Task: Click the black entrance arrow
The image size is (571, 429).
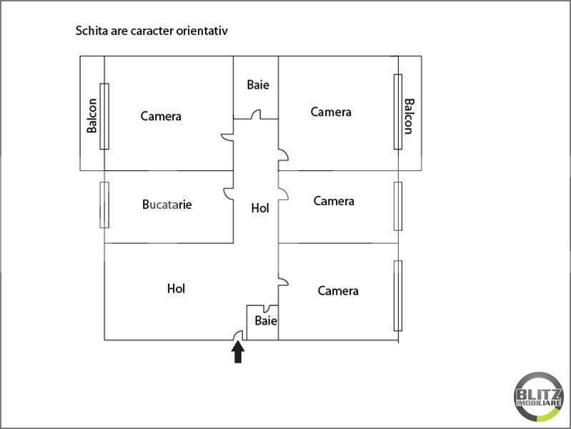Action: coord(238,352)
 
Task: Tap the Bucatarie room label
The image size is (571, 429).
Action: coord(167,204)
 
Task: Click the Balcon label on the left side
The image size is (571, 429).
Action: coord(91,116)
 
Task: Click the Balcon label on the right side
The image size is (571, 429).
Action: coord(409,117)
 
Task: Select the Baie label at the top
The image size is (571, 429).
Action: coord(258,84)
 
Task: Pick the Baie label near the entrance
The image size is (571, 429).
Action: coord(266,321)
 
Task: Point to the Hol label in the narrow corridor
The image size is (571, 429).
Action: coord(260,208)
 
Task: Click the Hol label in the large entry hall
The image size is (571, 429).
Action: coord(176,289)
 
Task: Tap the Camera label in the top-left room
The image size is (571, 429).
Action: coord(161,117)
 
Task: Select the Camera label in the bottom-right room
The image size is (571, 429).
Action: coord(338,291)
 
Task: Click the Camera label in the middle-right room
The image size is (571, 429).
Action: coord(334,201)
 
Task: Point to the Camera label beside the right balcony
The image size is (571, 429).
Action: coord(331,112)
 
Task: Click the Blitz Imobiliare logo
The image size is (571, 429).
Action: coord(538,397)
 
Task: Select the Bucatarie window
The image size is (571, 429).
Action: coord(104,204)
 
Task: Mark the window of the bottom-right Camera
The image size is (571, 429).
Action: coord(398,295)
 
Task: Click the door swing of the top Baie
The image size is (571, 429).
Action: coord(256,114)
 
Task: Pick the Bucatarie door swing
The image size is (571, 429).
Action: coord(228,194)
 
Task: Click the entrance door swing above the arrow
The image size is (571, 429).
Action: coord(238,335)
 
